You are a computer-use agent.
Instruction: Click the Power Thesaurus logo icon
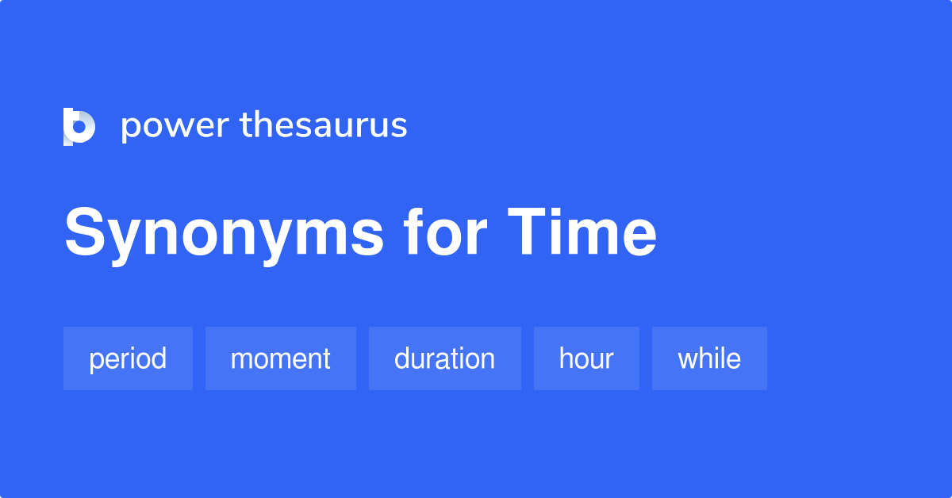click(79, 127)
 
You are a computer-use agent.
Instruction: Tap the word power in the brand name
click(175, 127)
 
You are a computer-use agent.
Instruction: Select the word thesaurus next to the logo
click(324, 125)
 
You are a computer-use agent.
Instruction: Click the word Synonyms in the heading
click(224, 234)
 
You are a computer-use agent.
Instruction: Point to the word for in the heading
click(445, 232)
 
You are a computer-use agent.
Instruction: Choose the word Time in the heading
click(582, 232)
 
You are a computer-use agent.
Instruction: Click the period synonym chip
click(128, 358)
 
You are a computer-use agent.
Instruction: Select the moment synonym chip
click(281, 358)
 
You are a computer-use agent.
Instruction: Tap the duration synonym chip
click(445, 358)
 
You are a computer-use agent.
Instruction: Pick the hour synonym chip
click(586, 358)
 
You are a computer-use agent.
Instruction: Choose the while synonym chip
click(709, 358)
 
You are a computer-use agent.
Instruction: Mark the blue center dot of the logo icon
click(79, 127)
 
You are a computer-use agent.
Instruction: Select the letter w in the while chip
click(689, 359)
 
